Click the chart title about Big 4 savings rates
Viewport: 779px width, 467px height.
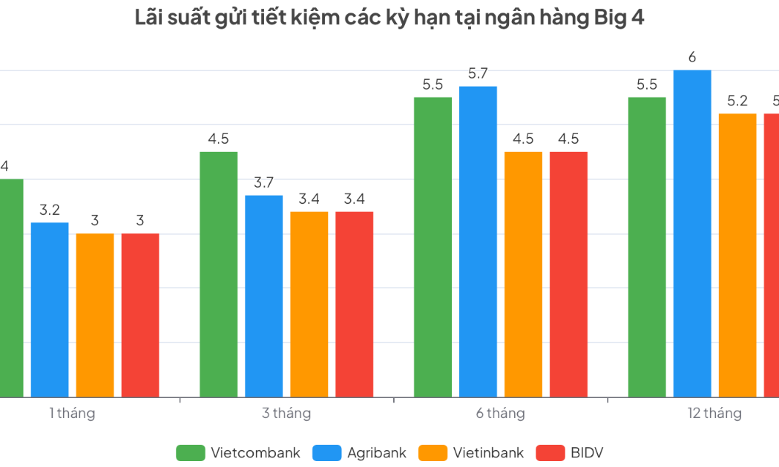pyautogui.click(x=389, y=19)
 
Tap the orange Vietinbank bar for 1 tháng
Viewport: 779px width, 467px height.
pyautogui.click(x=95, y=315)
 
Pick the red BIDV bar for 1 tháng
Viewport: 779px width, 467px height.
pyautogui.click(x=140, y=315)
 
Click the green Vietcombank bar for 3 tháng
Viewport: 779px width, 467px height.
pyautogui.click(x=219, y=274)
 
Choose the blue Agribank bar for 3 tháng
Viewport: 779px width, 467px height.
pyautogui.click(x=264, y=297)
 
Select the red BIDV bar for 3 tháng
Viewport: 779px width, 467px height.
pyautogui.click(x=355, y=304)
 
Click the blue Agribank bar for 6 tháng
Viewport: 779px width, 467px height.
pyautogui.click(x=479, y=242)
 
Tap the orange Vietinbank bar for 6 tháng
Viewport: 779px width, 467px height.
pyautogui.click(x=524, y=274)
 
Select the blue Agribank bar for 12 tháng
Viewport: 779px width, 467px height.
pyautogui.click(x=692, y=233)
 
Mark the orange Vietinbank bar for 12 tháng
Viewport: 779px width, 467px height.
pyautogui.click(x=737, y=255)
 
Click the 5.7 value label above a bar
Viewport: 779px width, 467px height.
pyautogui.click(x=479, y=73)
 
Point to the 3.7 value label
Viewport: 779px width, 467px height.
pyautogui.click(x=264, y=182)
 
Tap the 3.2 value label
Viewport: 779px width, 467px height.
pyautogui.click(x=50, y=210)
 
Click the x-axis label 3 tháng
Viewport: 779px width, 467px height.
pyautogui.click(x=286, y=414)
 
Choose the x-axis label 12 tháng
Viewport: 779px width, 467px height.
pyautogui.click(x=714, y=414)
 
